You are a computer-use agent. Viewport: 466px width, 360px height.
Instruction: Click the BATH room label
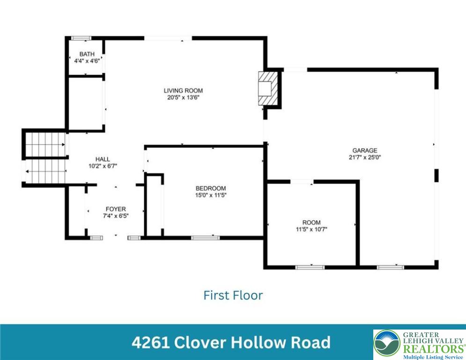point(87,54)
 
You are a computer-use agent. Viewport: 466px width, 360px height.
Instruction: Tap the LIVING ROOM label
point(183,90)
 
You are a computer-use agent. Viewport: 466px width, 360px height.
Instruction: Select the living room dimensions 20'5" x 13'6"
point(183,97)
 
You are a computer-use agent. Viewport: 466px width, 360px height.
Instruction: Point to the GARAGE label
point(365,150)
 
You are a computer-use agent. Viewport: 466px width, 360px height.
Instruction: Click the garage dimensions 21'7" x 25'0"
point(365,157)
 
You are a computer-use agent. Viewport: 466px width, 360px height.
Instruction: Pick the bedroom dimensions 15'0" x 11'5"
point(211,195)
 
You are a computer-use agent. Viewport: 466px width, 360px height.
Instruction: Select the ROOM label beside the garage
point(311,222)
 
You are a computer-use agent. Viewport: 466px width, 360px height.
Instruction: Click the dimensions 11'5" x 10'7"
point(311,229)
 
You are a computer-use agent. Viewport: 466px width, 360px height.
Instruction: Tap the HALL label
point(103,159)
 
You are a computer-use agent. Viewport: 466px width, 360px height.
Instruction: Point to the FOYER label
point(116,209)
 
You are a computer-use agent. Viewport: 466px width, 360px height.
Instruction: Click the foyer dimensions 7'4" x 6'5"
point(116,216)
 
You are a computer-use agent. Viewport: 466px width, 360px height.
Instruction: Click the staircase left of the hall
point(45,157)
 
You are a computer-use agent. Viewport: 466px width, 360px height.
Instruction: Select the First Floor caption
point(233,295)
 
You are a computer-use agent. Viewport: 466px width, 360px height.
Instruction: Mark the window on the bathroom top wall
point(81,38)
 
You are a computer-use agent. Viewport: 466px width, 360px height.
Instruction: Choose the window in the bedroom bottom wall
point(205,238)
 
